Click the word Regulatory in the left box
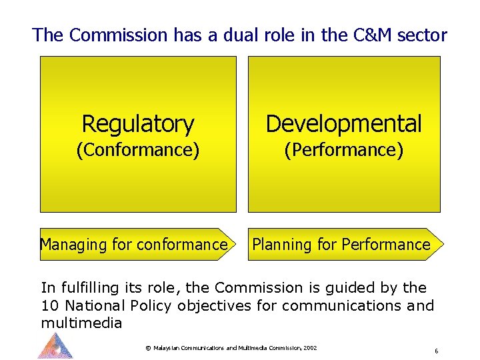coord(137,124)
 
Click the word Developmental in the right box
coord(343,124)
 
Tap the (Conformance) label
coord(137,150)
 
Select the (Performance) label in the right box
coord(343,150)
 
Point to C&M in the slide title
coord(371,35)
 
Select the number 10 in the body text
coord(49,306)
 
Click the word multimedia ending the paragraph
coord(81,323)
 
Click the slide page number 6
coord(435,351)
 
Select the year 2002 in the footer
coord(309,348)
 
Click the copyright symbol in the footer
coord(147,348)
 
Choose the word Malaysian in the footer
coord(169,348)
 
